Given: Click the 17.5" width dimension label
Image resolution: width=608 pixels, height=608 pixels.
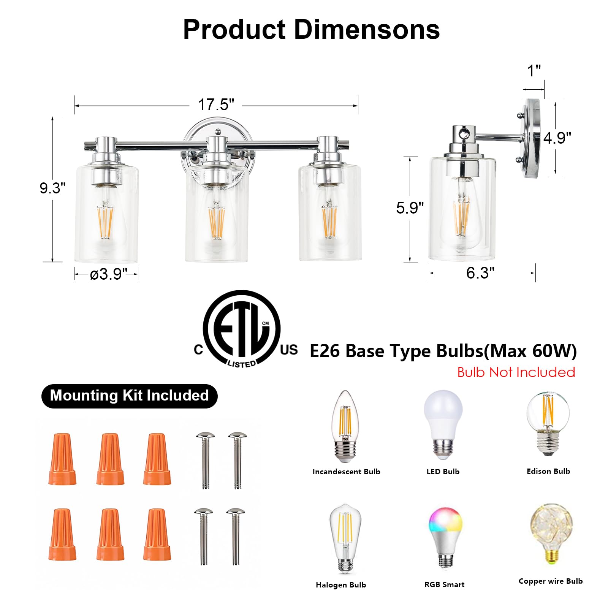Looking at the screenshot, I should point(216,105).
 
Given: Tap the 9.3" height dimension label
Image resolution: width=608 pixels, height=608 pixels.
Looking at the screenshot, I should point(52,188).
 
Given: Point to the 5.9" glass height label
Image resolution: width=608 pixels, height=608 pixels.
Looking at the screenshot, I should point(410,208).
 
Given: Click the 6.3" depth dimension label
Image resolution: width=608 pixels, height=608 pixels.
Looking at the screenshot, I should point(480,273).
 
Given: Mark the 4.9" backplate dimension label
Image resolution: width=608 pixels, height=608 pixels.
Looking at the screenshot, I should point(557,138).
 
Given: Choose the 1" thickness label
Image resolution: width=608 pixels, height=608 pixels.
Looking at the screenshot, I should point(534,71).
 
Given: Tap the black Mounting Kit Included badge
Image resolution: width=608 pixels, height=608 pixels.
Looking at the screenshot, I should point(129,396).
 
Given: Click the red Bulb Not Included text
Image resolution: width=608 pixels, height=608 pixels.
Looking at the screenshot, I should point(516,372).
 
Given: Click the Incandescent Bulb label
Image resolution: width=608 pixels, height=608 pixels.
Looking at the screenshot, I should point(346,472).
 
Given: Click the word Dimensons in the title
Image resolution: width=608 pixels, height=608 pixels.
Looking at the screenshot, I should point(367,30).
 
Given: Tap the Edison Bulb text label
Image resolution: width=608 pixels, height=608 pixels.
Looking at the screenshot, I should point(548,471).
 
